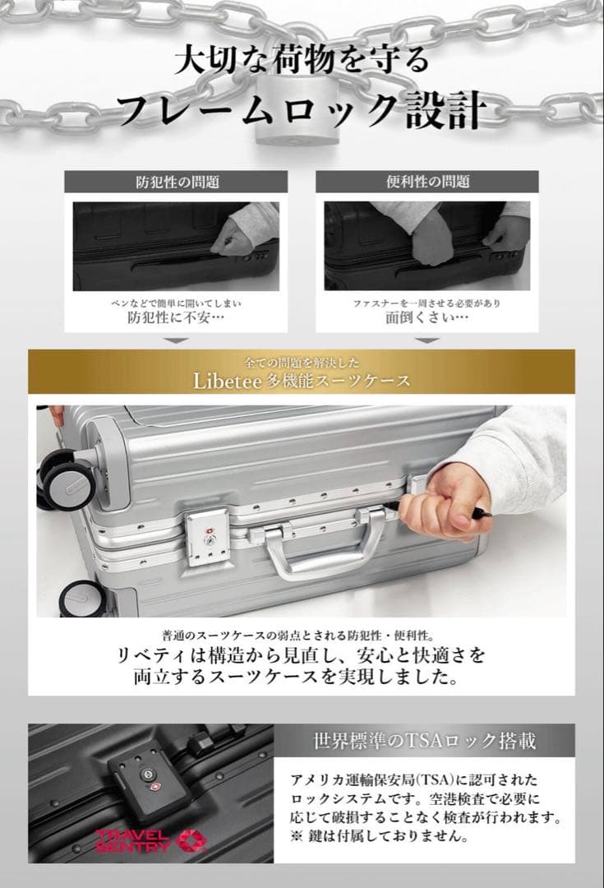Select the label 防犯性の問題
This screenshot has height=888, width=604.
tap(177, 182)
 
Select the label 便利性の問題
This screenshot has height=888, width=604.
tap(427, 182)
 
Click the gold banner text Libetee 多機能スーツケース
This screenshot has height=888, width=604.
tap(302, 381)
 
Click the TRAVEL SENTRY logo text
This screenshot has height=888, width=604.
tap(131, 839)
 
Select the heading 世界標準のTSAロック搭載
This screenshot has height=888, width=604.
tap(425, 741)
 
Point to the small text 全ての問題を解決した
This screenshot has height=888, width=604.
tap(302, 362)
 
